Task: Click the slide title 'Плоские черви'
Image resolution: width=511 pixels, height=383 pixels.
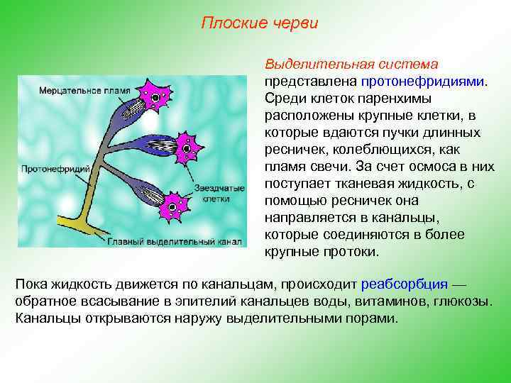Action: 260,23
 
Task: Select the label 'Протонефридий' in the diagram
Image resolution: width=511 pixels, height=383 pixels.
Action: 55,169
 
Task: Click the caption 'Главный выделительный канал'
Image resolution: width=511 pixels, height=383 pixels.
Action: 175,240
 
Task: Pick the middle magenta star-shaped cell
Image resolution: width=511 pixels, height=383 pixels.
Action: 186,148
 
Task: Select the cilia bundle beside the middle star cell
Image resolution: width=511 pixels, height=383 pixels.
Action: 161,147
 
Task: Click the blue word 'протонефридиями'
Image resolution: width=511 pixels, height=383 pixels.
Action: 423,81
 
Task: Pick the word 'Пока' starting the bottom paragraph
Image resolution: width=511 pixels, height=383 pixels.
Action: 31,284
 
